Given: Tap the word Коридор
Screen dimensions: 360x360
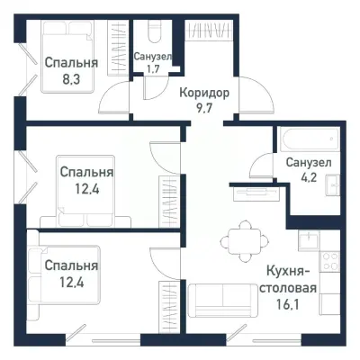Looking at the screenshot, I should [x=203, y=93].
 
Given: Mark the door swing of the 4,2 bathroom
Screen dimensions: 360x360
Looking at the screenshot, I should [x=262, y=165].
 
